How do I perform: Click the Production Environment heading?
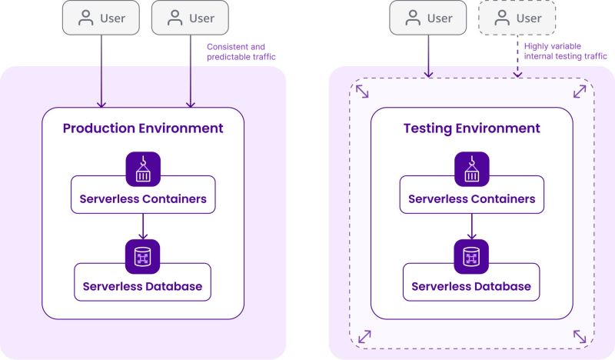click(x=143, y=128)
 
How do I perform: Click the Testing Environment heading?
click(x=471, y=128)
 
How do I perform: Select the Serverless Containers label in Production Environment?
click(x=143, y=198)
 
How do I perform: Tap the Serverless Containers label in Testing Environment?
click(x=471, y=198)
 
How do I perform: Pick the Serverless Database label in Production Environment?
click(x=143, y=286)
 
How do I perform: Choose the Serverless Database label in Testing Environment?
click(x=471, y=286)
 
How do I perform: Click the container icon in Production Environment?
click(x=143, y=168)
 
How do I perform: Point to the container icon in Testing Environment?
click(x=471, y=168)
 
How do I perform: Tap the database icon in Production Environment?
click(x=143, y=256)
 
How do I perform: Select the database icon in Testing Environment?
click(x=471, y=256)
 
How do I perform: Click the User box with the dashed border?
click(x=517, y=18)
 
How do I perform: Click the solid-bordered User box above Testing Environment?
click(x=428, y=18)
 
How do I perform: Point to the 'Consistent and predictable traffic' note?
click(x=241, y=52)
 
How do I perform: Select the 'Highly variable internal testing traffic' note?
click(x=564, y=52)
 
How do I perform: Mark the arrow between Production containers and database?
click(x=143, y=225)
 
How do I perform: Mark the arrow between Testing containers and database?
click(x=471, y=225)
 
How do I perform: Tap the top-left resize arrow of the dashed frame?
click(x=361, y=92)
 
